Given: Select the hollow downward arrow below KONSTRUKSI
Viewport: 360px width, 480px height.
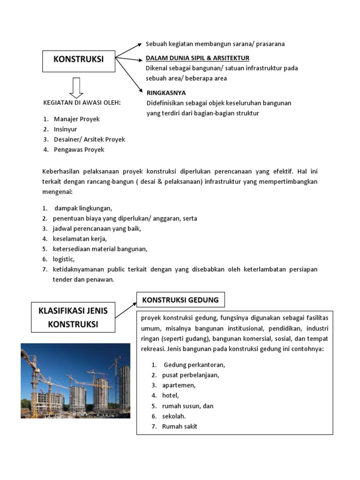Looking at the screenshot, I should tap(77, 88).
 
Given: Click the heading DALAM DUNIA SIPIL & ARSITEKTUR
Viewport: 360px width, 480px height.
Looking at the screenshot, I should tap(197, 58).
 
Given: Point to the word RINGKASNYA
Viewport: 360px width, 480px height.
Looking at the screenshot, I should tap(166, 93).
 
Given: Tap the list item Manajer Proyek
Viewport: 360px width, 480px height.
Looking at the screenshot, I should tap(76, 119).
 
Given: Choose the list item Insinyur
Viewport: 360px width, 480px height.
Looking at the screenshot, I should tap(65, 129).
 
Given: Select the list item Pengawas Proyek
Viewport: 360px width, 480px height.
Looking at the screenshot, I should tap(79, 150).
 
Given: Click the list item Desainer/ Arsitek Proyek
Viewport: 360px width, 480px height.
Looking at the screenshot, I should tap(89, 140).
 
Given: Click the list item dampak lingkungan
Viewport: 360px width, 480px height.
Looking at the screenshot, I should tap(83, 208).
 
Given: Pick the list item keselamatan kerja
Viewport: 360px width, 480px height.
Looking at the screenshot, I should tap(80, 239).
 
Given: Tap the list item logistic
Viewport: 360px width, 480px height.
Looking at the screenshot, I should tap(64, 259).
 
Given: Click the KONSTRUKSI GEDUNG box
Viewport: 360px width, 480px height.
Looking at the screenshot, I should tap(180, 300).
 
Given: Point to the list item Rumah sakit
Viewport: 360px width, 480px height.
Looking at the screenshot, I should tap(180, 427).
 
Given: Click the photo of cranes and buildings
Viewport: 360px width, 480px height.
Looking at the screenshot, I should tap(75, 381).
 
